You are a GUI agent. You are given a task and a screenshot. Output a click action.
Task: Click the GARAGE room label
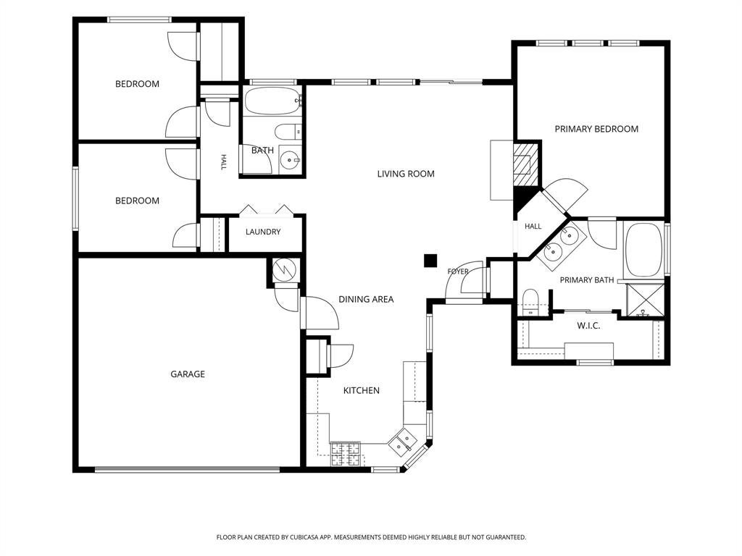pyautogui.click(x=188, y=374)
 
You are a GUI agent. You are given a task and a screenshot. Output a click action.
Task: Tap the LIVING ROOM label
pyautogui.click(x=406, y=174)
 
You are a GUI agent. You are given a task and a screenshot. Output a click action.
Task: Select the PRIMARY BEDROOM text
pyautogui.click(x=596, y=129)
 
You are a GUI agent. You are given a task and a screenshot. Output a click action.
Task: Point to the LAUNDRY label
pyautogui.click(x=262, y=232)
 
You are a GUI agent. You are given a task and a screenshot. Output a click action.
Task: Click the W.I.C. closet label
pyautogui.click(x=588, y=326)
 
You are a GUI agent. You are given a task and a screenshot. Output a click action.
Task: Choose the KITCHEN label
pyautogui.click(x=361, y=390)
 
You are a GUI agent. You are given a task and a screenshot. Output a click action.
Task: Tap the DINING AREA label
pyautogui.click(x=366, y=299)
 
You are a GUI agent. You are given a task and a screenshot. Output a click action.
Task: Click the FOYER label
pyautogui.click(x=458, y=271)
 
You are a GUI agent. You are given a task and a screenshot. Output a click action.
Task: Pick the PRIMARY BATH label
pyautogui.click(x=587, y=280)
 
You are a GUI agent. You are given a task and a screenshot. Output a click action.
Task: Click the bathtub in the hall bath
pyautogui.click(x=273, y=100)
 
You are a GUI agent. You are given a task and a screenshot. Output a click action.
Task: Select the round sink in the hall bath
pyautogui.click(x=289, y=161)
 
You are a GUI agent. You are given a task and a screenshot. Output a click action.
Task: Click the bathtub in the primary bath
pyautogui.click(x=643, y=250)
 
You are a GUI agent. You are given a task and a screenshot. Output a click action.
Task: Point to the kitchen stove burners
pyautogui.click(x=346, y=454)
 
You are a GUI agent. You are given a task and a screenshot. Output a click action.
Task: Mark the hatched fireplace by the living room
pyautogui.click(x=526, y=164)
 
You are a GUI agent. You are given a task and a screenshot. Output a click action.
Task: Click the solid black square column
pyautogui.click(x=430, y=261)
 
